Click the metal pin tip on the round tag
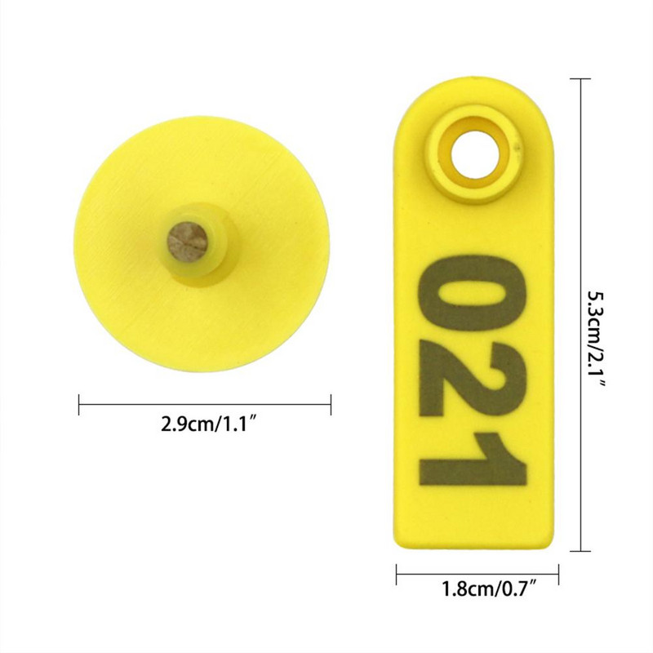[x=187, y=241]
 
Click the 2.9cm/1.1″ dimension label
[x=204, y=425]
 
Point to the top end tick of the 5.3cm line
[x=580, y=79]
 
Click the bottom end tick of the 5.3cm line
[x=580, y=551]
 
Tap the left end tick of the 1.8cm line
[x=397, y=574]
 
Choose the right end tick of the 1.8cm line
[x=558, y=574]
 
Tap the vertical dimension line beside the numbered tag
[x=580, y=204]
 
